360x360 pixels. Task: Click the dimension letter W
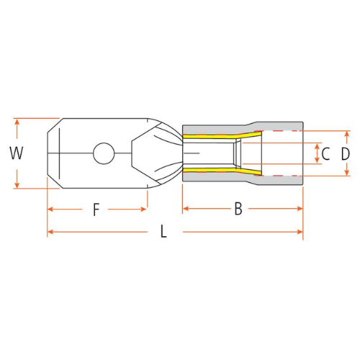click(x=17, y=153)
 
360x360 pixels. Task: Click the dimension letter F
click(x=96, y=210)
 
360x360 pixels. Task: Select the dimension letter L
click(x=163, y=232)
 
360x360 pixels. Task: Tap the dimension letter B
click(x=238, y=209)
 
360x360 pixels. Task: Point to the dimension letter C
click(x=325, y=154)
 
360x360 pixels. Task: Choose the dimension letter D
click(x=346, y=154)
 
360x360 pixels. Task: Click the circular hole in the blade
click(x=104, y=153)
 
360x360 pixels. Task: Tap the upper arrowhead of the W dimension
click(x=17, y=122)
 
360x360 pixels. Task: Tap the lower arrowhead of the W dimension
click(x=17, y=185)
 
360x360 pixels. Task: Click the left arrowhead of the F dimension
click(x=50, y=210)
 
